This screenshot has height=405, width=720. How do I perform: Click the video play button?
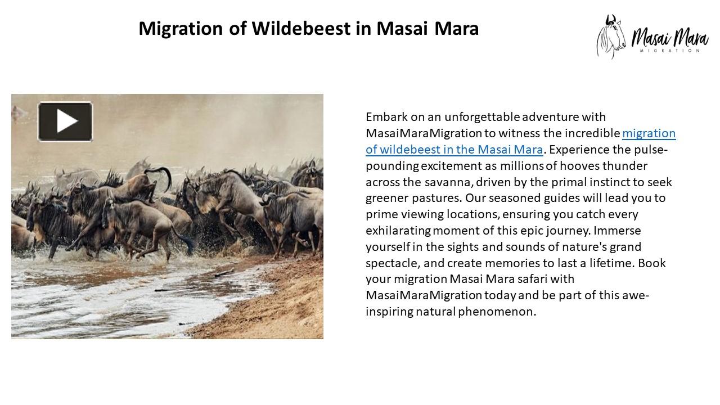(65, 121)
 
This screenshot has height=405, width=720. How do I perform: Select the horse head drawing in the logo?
(611, 37)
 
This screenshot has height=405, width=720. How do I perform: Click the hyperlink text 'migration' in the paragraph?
(649, 133)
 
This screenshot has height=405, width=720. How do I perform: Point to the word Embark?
(385, 117)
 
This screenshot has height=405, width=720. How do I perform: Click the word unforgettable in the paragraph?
(482, 117)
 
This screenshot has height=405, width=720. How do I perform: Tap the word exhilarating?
(398, 231)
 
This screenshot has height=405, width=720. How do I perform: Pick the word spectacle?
(391, 263)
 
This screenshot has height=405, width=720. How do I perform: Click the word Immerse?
(617, 231)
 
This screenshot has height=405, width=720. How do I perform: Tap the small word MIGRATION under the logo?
(669, 51)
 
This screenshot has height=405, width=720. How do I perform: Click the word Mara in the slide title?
(456, 28)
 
